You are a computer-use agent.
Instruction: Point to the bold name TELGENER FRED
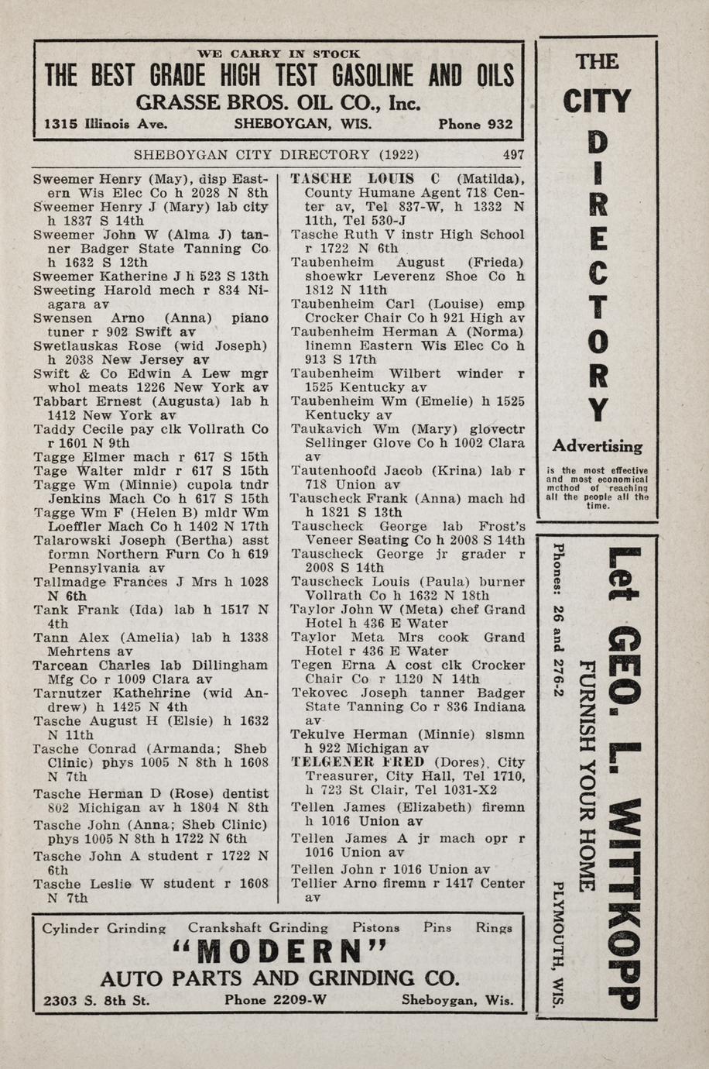click(x=358, y=761)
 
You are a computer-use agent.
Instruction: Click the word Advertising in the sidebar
click(x=597, y=447)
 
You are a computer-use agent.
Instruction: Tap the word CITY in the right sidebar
click(x=597, y=101)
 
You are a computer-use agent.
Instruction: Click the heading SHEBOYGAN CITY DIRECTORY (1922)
click(x=276, y=154)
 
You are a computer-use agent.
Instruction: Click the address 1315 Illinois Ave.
click(x=106, y=124)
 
